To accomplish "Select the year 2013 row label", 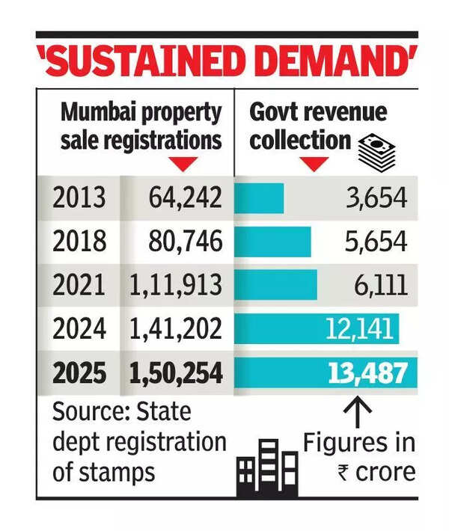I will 79,198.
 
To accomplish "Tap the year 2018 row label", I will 79,242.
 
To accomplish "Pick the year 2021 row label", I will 79,285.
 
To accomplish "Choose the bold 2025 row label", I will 79,372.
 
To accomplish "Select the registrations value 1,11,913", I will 176,285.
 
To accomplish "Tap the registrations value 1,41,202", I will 176,328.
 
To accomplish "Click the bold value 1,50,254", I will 176,372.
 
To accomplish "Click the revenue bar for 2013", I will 260,198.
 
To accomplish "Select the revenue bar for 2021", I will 276,285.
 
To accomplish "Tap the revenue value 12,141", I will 354,328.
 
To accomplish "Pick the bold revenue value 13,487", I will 368,372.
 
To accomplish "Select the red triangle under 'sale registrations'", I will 180,163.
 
